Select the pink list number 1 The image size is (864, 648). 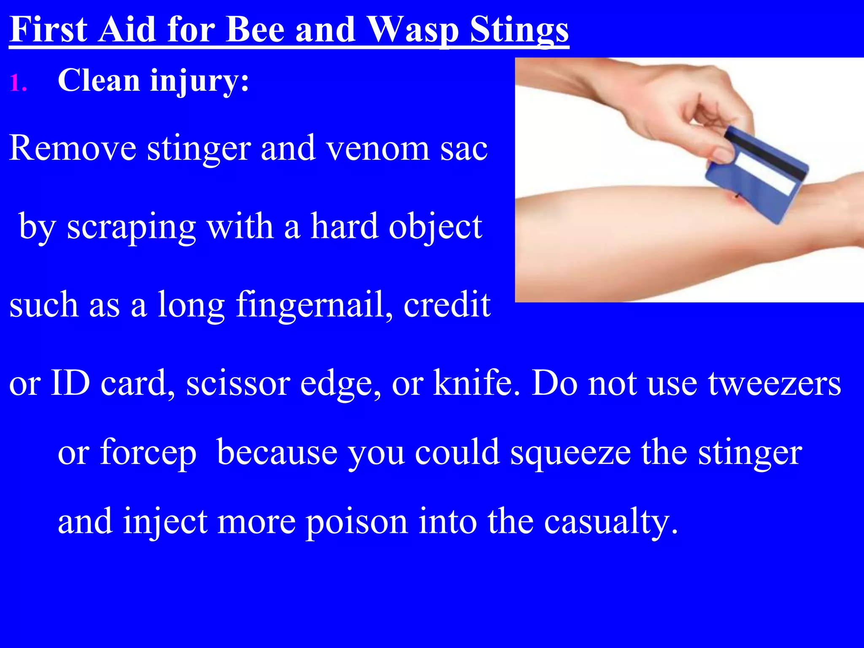coord(18,82)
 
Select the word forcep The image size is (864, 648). coord(148,453)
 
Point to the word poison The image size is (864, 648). coord(356,522)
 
